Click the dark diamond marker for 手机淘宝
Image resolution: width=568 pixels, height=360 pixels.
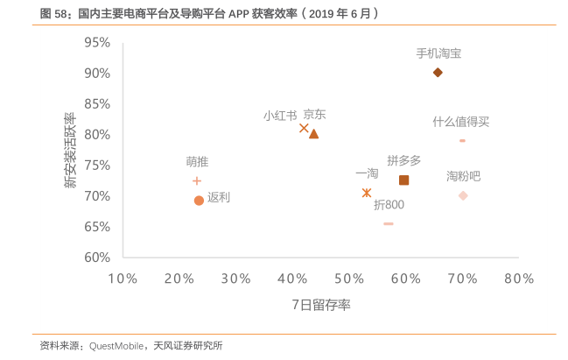tap(438, 73)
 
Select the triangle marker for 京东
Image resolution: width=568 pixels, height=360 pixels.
tap(313, 133)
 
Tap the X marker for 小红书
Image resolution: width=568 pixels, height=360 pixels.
tap(304, 128)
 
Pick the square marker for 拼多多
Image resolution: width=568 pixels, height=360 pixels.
tap(403, 180)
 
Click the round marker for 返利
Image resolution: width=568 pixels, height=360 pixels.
tap(199, 201)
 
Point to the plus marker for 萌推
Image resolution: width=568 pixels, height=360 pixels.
tap(197, 181)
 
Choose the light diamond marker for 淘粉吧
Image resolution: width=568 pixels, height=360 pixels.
tap(463, 195)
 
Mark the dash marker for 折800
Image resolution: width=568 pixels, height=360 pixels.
tap(389, 224)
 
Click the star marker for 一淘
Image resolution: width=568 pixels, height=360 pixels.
tap(367, 193)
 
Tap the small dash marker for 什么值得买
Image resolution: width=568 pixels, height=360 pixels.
tap(462, 140)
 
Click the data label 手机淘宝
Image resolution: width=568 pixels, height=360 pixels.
tap(438, 53)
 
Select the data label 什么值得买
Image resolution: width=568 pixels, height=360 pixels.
tap(460, 122)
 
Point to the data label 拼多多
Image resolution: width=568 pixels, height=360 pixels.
tap(404, 160)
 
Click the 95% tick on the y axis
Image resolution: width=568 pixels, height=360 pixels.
tap(97, 43)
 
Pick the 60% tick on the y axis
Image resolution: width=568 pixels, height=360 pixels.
tap(97, 258)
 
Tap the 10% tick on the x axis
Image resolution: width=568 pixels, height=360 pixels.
tap(123, 279)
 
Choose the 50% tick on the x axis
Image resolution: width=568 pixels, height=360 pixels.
tap(349, 279)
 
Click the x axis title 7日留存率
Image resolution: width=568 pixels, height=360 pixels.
tap(321, 305)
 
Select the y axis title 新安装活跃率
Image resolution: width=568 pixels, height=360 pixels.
tap(69, 150)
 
